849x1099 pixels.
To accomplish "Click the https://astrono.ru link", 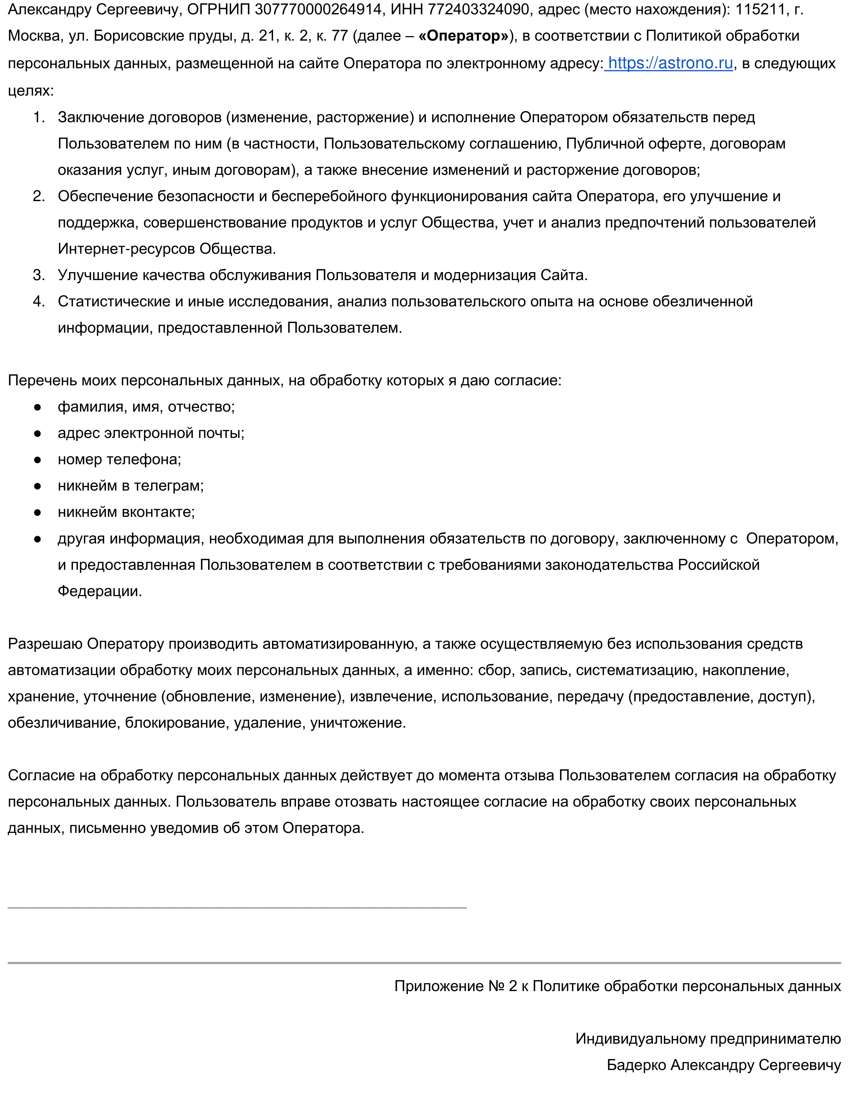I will click(x=670, y=63).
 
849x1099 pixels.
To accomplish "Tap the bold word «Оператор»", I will click(x=463, y=36).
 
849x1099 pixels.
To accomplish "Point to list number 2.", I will click(x=39, y=196).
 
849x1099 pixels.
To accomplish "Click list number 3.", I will click(x=39, y=275).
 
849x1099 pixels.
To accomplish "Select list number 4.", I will click(x=39, y=301).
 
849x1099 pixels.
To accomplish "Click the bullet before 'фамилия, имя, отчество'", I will click(x=37, y=407).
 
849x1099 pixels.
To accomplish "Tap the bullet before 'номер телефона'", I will click(x=37, y=460).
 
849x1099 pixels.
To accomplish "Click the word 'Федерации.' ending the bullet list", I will click(x=100, y=591).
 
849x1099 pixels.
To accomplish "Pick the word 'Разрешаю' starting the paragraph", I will click(x=45, y=644).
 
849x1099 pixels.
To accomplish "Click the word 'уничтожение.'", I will click(x=358, y=723).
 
